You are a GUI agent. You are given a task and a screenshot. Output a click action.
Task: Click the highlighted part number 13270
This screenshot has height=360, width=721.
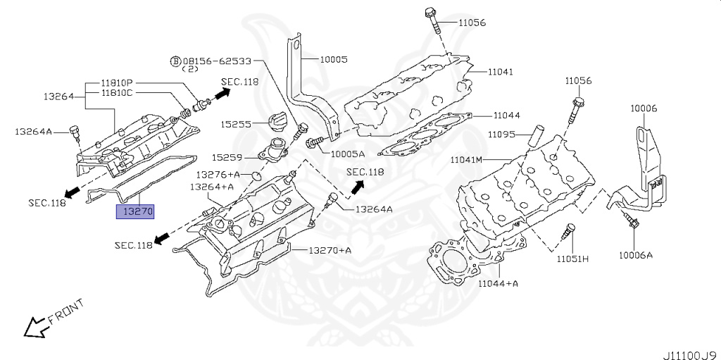coord(134,211)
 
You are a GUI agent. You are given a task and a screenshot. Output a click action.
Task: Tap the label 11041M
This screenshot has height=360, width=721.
coord(466,160)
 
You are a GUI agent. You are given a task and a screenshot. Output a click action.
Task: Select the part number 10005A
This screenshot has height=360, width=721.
coord(347,153)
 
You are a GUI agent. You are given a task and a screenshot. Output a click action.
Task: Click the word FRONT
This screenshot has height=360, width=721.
coord(66,311)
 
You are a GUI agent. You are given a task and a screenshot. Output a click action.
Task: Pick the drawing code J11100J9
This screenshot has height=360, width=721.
coord(691,355)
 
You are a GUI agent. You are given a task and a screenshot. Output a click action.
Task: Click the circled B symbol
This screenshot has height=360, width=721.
coord(175,61)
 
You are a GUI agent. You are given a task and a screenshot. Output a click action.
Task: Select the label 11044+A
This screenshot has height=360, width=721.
coord(498,284)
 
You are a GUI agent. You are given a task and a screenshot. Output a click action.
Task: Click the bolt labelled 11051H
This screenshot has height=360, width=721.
coord(568,231)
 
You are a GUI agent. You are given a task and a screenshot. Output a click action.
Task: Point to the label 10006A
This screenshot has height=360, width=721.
coord(636,255)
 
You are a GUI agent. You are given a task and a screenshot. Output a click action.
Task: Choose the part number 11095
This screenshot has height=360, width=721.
coord(501,135)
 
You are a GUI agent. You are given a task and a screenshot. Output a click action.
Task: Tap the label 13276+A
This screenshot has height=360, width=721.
coord(218,175)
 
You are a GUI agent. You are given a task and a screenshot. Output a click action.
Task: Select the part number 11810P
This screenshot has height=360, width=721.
coord(116,83)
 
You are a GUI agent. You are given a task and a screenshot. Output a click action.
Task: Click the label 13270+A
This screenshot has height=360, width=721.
coord(330,250)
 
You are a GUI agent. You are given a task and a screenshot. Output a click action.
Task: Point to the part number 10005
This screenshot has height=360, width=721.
coord(334,59)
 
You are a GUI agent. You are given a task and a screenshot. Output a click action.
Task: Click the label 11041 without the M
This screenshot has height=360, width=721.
coord(501,72)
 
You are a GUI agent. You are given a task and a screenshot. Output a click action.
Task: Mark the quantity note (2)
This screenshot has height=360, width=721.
coord(189,69)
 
